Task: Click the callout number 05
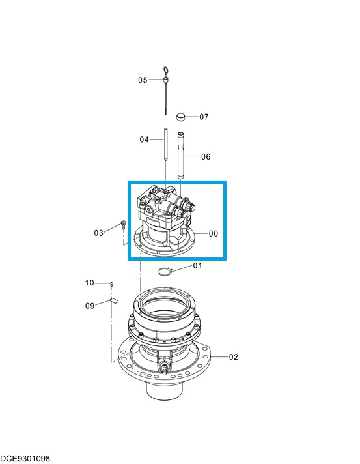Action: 143,80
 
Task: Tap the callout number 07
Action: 204,117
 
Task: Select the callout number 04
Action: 144,139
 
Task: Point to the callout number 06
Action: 206,157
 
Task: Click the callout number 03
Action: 99,233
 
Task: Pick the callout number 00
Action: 214,234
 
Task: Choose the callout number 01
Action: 197,266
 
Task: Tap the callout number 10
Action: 90,283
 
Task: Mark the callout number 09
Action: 90,306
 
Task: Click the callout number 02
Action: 234,357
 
